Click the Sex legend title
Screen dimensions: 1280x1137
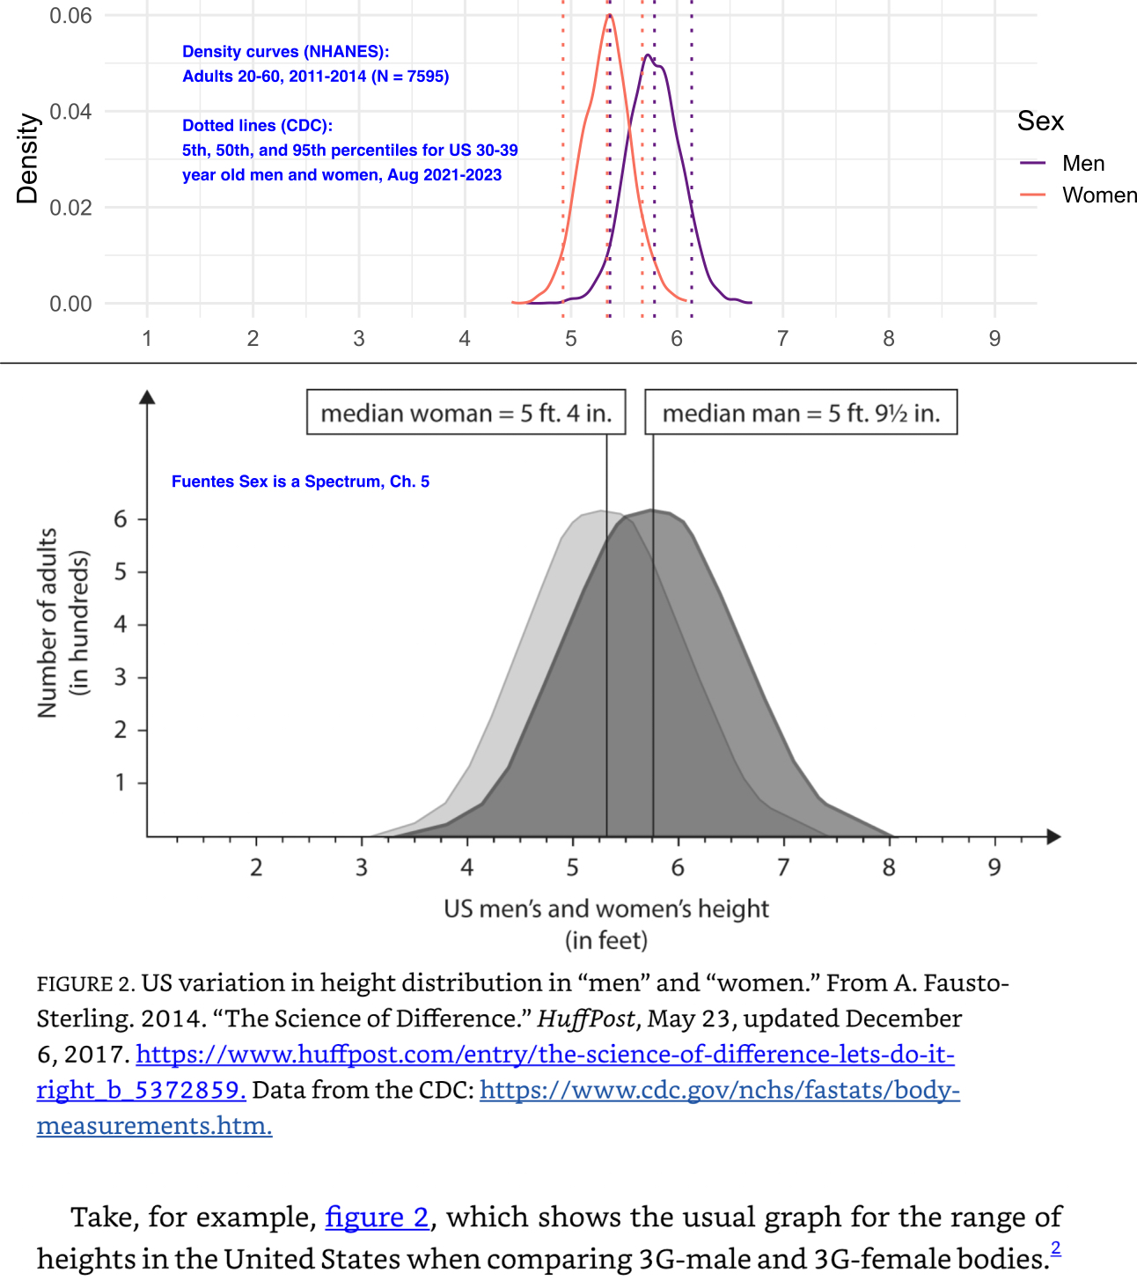[1040, 121]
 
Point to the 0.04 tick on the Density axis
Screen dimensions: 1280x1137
[70, 112]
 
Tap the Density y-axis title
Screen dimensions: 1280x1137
[28, 158]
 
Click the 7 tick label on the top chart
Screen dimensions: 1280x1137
[782, 339]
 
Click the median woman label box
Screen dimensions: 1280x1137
[466, 413]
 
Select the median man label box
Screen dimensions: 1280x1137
[801, 413]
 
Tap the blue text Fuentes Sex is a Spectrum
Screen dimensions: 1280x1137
[300, 482]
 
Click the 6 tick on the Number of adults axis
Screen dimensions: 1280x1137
[121, 519]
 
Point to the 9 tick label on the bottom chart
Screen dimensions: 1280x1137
[994, 868]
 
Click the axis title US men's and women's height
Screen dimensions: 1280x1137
[606, 909]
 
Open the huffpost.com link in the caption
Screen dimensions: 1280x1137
[545, 1055]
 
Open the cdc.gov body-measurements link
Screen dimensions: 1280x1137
[719, 1090]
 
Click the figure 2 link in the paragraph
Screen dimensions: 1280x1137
[377, 1217]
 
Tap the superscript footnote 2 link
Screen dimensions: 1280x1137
[1055, 1247]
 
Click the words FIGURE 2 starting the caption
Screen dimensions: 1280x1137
[85, 983]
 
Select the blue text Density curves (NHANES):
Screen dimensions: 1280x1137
[285, 52]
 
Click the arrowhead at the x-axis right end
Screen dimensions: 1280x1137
[1053, 836]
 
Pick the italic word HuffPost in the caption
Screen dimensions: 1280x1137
[586, 1019]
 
